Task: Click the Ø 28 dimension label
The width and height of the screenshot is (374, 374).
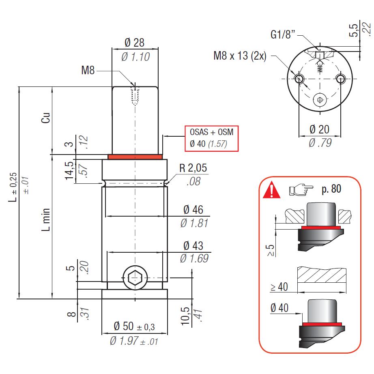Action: [x=135, y=43]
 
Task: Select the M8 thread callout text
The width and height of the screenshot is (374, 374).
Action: [x=88, y=71]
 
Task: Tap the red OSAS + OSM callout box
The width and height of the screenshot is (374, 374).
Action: [x=211, y=138]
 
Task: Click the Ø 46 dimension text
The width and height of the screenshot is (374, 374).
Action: [x=193, y=210]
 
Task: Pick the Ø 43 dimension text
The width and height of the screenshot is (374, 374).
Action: [x=193, y=245]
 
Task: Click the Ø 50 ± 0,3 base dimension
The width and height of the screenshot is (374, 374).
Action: [x=134, y=326]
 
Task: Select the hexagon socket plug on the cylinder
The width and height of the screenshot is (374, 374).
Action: [x=135, y=278]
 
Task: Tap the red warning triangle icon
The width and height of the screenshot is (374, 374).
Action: [x=271, y=190]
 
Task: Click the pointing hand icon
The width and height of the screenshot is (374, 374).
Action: [x=301, y=189]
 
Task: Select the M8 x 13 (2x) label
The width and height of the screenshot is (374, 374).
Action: [x=240, y=56]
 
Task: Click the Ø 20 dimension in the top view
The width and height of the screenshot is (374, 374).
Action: [x=319, y=129]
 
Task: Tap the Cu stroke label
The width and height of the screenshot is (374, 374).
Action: [x=46, y=118]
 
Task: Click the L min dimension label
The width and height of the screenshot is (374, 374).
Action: [x=46, y=219]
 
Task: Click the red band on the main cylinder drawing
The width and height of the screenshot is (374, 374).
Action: [x=135, y=157]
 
